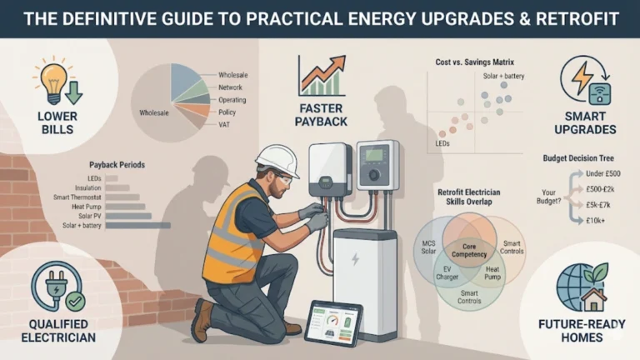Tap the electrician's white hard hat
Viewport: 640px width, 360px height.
click(277, 157)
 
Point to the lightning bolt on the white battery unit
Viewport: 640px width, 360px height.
click(357, 258)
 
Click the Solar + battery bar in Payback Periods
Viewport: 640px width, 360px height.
click(138, 225)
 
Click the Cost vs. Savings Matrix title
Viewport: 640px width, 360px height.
click(472, 62)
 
